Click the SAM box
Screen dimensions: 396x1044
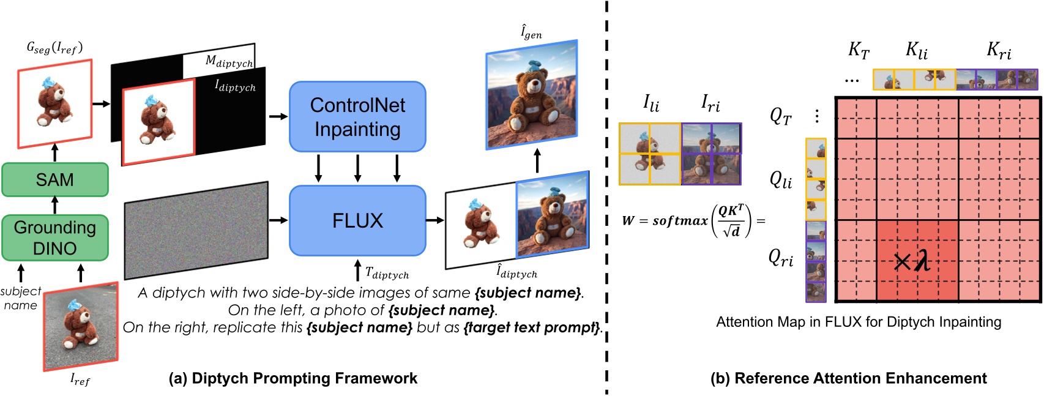click(54, 179)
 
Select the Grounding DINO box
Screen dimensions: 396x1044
click(54, 237)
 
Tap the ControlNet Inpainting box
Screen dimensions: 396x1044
click(357, 117)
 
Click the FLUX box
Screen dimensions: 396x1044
click(357, 220)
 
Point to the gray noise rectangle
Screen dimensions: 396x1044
click(196, 230)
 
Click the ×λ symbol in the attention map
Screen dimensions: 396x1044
click(912, 262)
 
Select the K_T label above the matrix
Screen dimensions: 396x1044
click(859, 51)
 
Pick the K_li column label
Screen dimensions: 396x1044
click(916, 51)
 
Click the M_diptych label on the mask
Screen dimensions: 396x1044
click(229, 61)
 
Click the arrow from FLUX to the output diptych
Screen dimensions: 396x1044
click(435, 220)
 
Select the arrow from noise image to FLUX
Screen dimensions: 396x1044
click(278, 220)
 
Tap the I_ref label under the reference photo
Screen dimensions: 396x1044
click(80, 380)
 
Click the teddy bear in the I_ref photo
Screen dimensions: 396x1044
click(80, 327)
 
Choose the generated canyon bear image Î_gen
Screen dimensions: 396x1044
click(531, 95)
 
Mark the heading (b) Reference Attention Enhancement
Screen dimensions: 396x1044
click(848, 378)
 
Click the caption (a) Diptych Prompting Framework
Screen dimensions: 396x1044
click(293, 378)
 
